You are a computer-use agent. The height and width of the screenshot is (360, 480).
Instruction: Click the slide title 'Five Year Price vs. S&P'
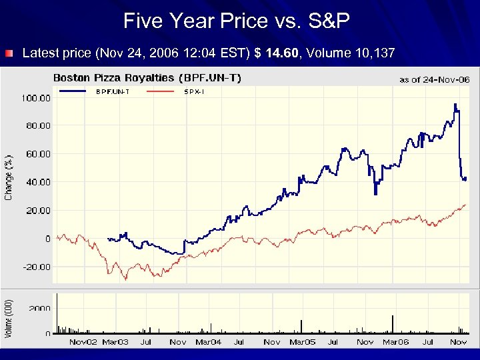(237, 21)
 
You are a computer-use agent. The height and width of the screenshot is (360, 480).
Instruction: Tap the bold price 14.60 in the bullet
(282, 53)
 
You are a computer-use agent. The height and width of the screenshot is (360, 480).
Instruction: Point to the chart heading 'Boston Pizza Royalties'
(113, 78)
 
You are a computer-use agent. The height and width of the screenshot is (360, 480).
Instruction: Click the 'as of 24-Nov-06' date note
(434, 79)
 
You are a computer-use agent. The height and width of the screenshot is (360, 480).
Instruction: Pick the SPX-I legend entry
(194, 91)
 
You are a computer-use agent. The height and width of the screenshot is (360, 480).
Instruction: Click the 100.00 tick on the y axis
(37, 98)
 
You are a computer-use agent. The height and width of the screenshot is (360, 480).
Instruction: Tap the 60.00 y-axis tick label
(38, 154)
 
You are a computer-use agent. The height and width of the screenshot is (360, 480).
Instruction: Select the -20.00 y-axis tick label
(37, 267)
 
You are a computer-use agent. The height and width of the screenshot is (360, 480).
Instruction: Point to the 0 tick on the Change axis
(47, 239)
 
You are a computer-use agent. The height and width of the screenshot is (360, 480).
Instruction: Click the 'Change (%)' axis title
(9, 177)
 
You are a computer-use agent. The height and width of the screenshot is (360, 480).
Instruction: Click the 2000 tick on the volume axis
(39, 308)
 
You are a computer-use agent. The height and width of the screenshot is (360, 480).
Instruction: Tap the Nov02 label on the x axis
(83, 342)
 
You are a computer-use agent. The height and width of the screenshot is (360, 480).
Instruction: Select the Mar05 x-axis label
(302, 342)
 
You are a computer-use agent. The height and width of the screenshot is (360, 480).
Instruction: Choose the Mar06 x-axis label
(395, 342)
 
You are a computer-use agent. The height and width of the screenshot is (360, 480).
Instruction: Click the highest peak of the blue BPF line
(455, 105)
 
